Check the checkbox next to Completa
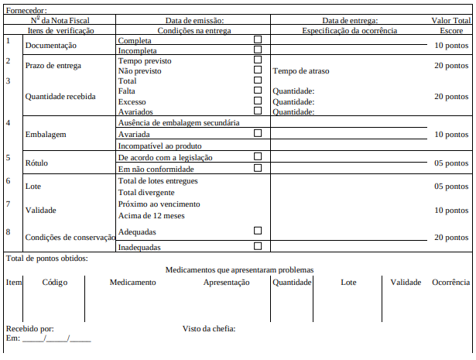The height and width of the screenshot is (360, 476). point(258,39)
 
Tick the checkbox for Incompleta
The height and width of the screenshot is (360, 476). point(258,50)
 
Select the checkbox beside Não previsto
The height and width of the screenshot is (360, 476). point(258,70)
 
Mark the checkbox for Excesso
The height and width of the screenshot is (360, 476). point(258,101)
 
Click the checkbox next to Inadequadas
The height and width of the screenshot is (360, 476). point(258,246)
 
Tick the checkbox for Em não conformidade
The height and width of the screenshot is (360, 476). point(258,167)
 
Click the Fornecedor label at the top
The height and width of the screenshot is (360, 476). point(26,10)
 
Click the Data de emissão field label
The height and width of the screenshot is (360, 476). point(194,20)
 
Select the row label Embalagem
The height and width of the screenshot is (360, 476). point(45,134)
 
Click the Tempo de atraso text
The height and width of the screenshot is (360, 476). point(301,70)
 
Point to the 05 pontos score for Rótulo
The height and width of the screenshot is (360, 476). point(451,163)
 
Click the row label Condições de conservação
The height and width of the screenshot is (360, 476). point(70,237)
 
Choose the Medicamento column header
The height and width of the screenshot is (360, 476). point(132,283)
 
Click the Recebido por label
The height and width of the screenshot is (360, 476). point(29,328)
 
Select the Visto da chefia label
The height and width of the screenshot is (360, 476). point(209,328)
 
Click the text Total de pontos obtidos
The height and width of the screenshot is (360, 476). point(46,258)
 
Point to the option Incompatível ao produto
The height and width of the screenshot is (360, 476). point(160,146)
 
